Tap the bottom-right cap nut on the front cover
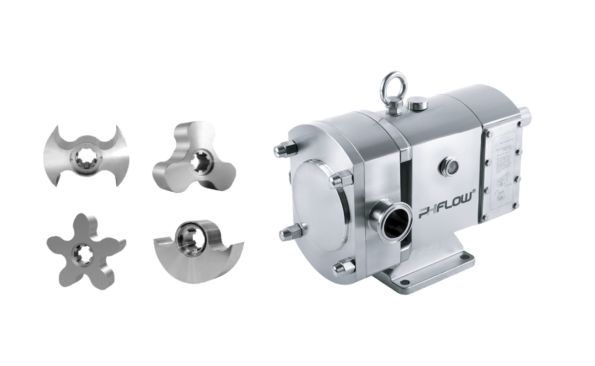[344, 266]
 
